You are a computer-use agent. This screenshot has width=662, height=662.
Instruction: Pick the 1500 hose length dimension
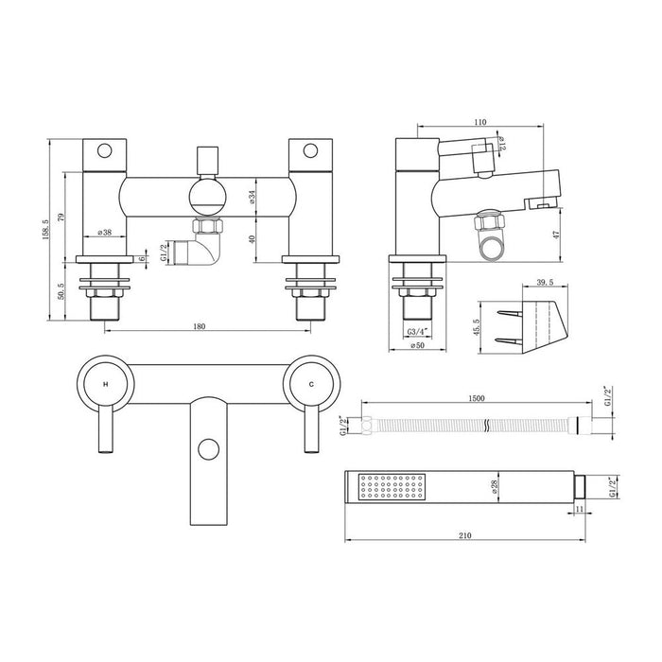click(477, 399)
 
